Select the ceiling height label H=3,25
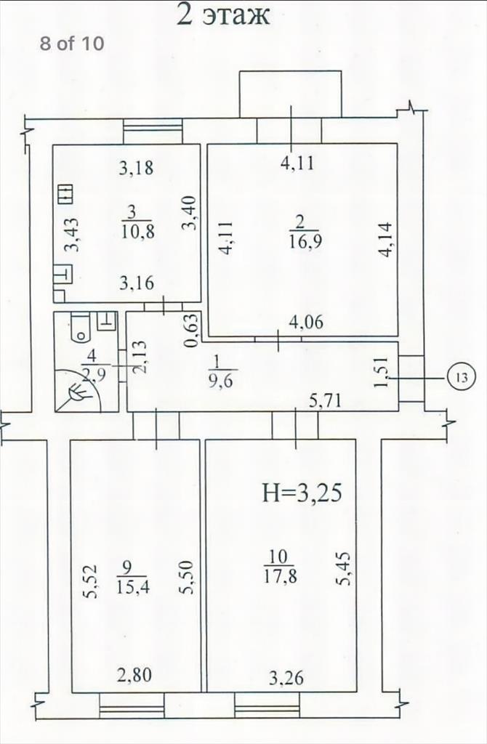302,493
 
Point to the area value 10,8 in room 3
137,232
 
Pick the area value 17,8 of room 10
279,576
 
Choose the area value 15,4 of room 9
133,586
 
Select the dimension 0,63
192,331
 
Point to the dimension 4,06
306,322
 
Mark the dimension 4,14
385,240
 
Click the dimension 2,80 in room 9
134,674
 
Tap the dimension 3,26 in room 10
286,678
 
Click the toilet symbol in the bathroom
79,328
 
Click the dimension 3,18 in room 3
136,168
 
